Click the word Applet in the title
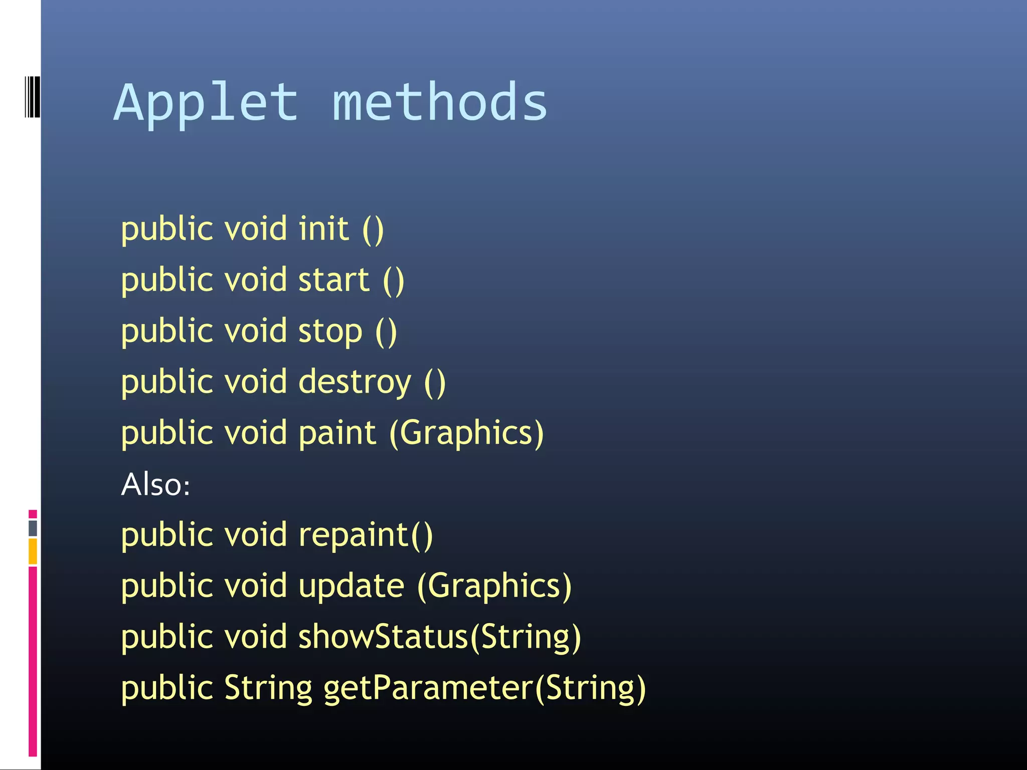(206, 103)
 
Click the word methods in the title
(439, 102)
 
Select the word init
(323, 229)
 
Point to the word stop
(330, 331)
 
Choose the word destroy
(355, 382)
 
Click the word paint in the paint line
(337, 433)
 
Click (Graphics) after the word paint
(466, 433)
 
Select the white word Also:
(155, 485)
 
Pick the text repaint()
(366, 535)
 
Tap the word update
(351, 586)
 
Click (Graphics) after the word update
(494, 586)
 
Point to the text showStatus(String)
(440, 637)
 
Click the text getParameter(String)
(484, 688)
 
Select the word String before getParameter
(268, 688)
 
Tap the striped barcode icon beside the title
(32, 97)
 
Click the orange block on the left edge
(33, 551)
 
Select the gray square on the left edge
(33, 528)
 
